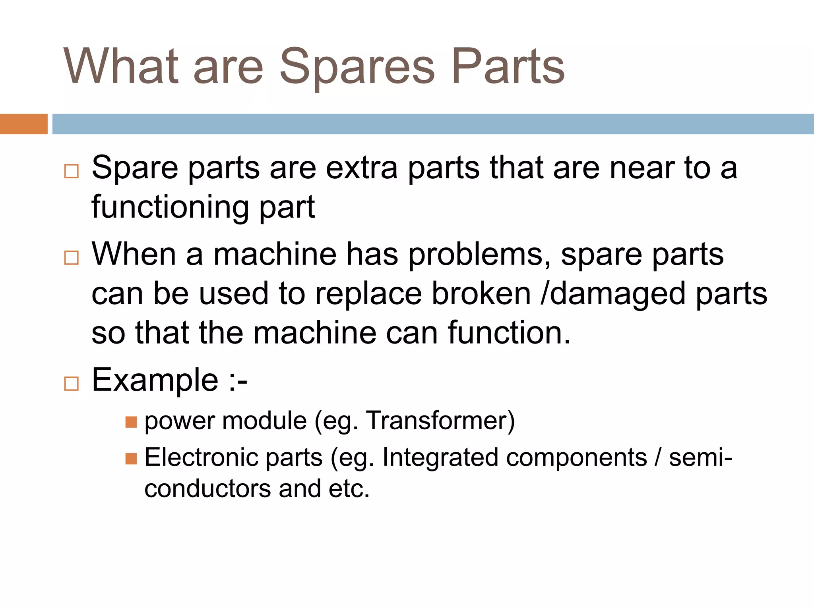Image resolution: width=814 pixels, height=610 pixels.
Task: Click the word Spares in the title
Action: click(357, 68)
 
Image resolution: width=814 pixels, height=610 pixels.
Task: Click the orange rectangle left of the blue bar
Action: click(23, 124)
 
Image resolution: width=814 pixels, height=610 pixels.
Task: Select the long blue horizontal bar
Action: click(433, 124)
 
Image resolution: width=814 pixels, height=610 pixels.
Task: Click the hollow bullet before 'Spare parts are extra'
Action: click(72, 172)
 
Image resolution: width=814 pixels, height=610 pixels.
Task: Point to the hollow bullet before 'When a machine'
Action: click(72, 258)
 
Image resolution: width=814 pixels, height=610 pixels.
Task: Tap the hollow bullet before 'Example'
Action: click(72, 384)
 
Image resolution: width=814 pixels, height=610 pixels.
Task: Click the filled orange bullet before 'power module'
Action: click(131, 422)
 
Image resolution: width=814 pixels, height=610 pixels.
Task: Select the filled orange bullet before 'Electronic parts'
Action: click(131, 459)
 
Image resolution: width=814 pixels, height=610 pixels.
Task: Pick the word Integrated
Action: click(440, 458)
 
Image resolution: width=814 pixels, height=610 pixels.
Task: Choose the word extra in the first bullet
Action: click(362, 168)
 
